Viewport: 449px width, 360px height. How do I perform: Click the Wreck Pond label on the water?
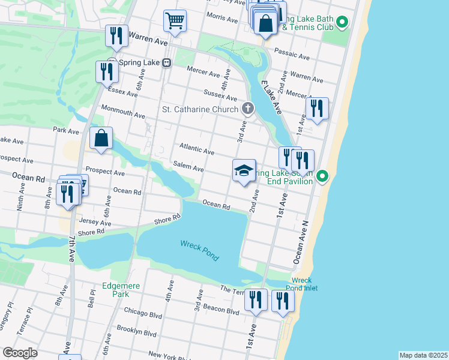click(199, 250)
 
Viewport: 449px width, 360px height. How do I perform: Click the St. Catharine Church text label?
click(200, 109)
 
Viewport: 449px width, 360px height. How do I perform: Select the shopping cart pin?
click(175, 20)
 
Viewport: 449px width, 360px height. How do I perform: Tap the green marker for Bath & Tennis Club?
click(342, 23)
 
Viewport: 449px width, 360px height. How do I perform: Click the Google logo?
click(20, 352)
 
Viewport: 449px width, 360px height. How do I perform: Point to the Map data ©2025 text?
click(423, 355)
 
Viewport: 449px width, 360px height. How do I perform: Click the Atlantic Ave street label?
click(196, 149)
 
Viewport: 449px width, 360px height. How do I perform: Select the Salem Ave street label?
click(188, 166)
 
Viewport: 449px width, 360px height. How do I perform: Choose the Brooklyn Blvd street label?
click(137, 332)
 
